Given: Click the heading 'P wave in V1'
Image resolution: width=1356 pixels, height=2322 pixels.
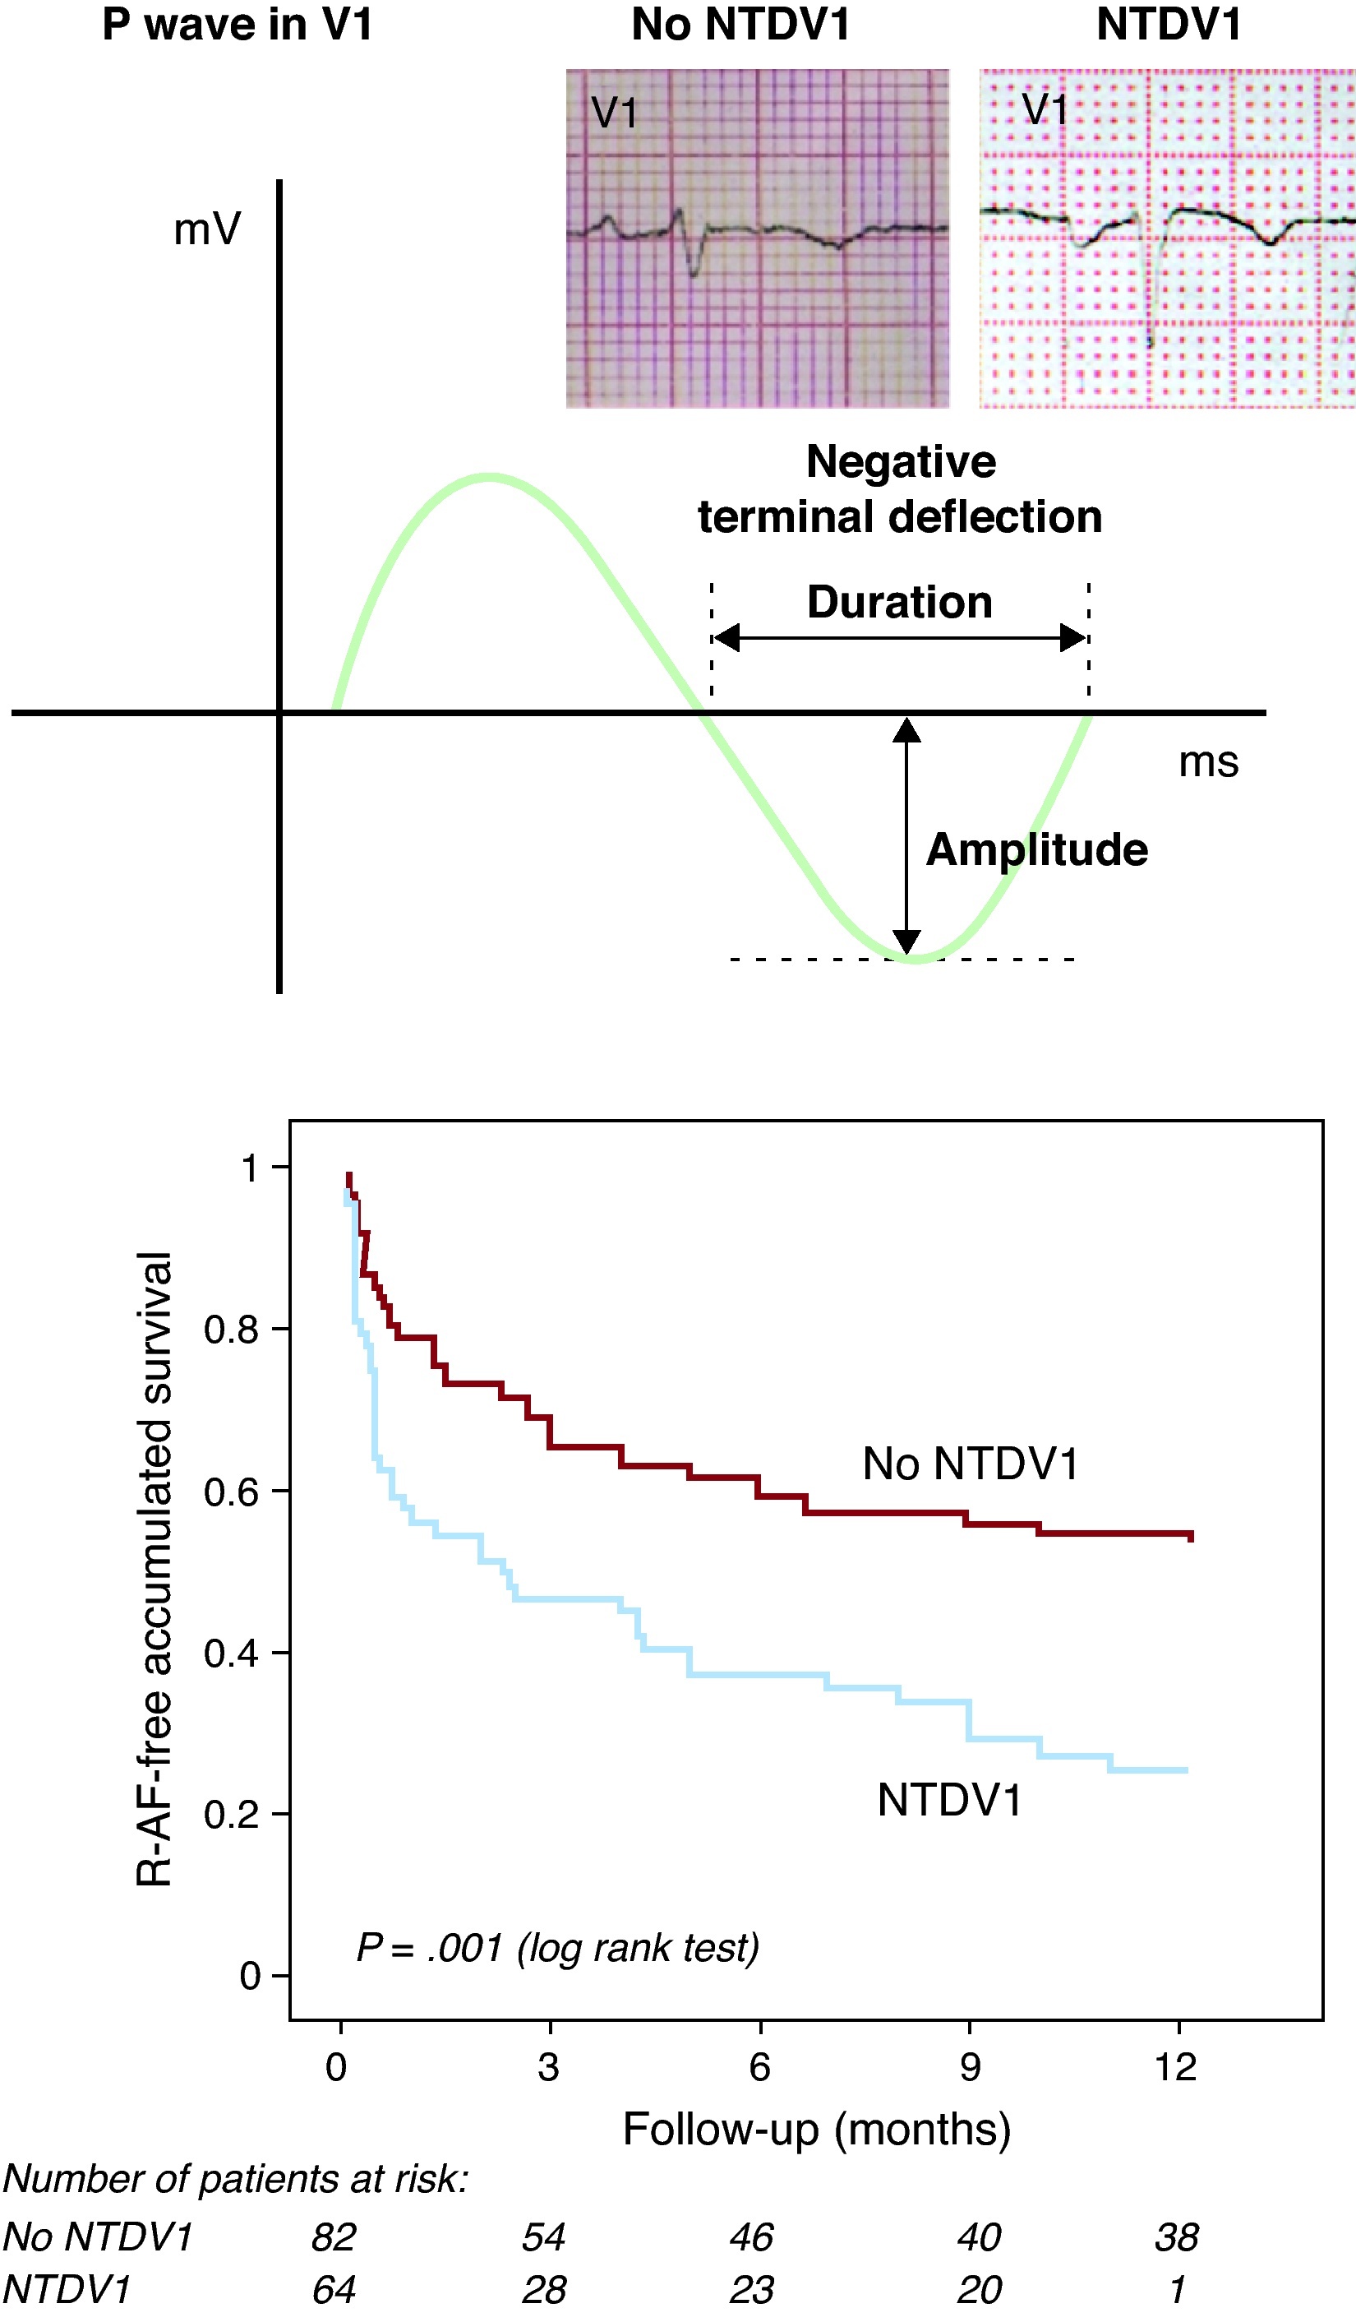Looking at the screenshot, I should pos(238,24).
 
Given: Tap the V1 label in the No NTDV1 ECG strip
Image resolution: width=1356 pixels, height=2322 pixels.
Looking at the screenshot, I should pos(615,113).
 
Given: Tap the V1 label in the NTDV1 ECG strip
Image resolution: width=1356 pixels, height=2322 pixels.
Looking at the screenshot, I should pos(1045,109).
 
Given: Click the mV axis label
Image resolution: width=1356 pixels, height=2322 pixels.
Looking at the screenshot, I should pos(207,229).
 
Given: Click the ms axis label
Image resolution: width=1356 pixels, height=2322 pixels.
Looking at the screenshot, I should pos(1209,762).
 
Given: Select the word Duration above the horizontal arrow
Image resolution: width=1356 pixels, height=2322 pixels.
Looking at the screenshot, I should pos(899,603).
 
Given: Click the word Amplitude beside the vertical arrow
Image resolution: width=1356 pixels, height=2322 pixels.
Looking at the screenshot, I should pos(1036,849).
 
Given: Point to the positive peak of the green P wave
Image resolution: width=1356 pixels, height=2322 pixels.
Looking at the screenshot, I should pos(488,477).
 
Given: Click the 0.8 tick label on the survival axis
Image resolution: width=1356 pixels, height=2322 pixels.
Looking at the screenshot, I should pos(231,1330).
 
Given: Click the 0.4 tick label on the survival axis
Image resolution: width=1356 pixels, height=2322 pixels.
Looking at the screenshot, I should pos(231,1654).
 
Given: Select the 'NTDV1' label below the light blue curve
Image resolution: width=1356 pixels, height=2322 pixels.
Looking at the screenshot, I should pos(950,1801).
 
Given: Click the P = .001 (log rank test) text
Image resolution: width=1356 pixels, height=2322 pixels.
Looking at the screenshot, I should pos(557,1948).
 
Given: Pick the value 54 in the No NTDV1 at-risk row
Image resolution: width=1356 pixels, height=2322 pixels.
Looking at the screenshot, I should pos(543,2237).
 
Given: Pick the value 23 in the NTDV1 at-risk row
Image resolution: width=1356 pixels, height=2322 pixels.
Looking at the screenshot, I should pos(752,2290).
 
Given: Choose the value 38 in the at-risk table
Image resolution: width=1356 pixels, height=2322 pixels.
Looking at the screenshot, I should pos(1176,2237).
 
